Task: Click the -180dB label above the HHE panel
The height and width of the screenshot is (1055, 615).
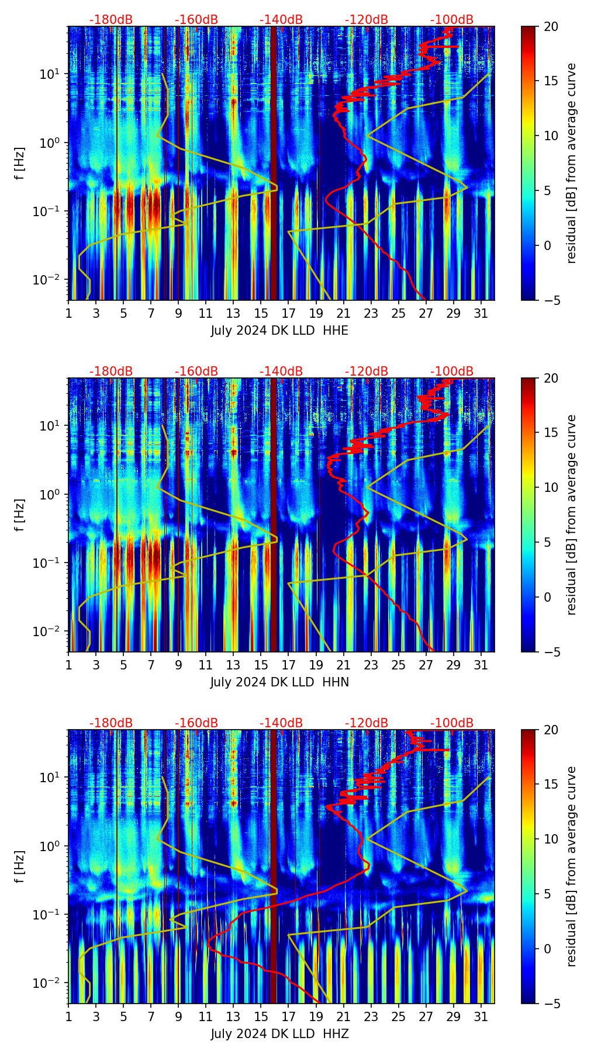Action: point(111,20)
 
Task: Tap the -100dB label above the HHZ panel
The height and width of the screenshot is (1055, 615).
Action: point(452,723)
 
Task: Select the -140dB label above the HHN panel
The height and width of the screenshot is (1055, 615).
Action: point(281,372)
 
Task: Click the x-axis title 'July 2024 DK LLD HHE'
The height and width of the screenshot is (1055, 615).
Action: point(279,331)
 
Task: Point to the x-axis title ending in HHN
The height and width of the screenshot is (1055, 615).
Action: point(279,682)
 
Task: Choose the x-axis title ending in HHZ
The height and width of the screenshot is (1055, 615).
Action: point(279,1034)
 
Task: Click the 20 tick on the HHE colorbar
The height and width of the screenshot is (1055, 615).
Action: point(551,26)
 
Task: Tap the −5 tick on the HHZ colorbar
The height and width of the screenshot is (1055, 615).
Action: point(551,1004)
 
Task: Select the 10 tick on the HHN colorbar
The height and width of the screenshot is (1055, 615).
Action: point(551,487)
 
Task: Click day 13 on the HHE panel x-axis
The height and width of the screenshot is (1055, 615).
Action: point(233,313)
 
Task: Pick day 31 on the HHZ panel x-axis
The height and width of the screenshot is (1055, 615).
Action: point(481,1016)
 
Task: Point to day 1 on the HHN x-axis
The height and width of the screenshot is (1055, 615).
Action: point(68,665)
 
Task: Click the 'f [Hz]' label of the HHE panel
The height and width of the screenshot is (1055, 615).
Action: point(20,164)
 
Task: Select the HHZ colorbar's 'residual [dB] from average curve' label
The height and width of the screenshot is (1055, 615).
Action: point(572,866)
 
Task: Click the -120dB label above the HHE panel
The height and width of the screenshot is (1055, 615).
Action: point(367,20)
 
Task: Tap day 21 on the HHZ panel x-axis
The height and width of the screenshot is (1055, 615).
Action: point(343,1016)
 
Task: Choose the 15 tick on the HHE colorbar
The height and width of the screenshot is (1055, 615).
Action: point(551,81)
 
